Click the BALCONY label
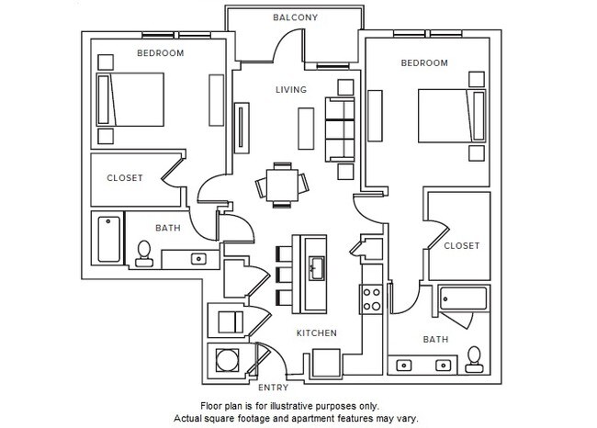295,17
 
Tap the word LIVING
291,89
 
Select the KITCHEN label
315,332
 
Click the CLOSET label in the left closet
125,178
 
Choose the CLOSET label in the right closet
461,246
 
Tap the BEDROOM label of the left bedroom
160,53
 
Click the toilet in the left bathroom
143,253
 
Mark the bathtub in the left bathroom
107,239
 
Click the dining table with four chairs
282,182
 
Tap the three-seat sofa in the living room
342,128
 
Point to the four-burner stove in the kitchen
373,298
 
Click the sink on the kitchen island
315,269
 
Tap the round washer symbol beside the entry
226,358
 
